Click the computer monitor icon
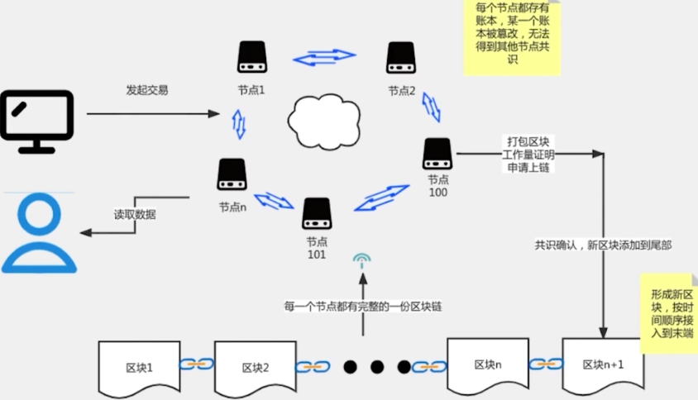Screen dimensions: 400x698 pyautogui.click(x=37, y=121)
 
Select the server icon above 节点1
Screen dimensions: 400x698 pyautogui.click(x=251, y=57)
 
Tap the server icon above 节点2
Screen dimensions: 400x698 pyautogui.click(x=401, y=57)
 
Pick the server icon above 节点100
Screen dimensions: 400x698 pyautogui.click(x=437, y=154)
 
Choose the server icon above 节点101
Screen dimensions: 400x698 pyautogui.click(x=317, y=213)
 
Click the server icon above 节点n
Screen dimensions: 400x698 pyautogui.click(x=232, y=174)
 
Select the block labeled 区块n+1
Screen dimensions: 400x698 pyautogui.click(x=603, y=364)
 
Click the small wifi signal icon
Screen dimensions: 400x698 pyautogui.click(x=361, y=261)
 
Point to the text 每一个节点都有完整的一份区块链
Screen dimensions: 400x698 pyautogui.click(x=362, y=306)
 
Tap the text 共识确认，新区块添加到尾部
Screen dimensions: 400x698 pyautogui.click(x=602, y=245)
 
